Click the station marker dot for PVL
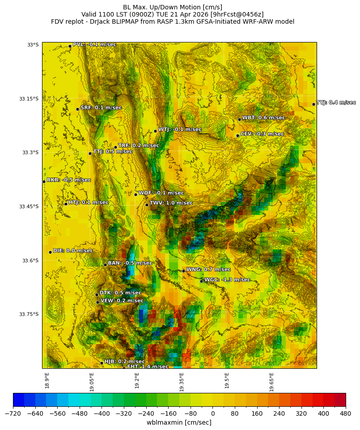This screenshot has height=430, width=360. coord(70,46)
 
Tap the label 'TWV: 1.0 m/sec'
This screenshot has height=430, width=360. coord(171,203)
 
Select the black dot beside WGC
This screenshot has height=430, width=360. coord(201,281)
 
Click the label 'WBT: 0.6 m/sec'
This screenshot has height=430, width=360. coord(263,118)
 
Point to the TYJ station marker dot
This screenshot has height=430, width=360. coord(313,104)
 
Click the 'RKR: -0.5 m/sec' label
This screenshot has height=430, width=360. coord(68,180)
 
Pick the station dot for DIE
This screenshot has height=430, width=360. coord(50,252)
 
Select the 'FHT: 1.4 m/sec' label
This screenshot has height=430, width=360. coord(148,367)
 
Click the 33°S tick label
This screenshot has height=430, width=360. coord(33,45)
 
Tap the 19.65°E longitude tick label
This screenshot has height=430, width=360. coord(271,381)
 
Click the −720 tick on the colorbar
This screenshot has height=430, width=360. coord(13,413)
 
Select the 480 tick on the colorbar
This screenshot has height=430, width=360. coord(346,413)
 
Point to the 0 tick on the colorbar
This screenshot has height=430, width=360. coord(212,413)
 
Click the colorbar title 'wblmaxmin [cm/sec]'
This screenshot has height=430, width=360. coord(179,422)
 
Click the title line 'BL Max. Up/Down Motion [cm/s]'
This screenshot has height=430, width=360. coord(173,7)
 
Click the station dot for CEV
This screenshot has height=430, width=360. coord(237,135)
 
